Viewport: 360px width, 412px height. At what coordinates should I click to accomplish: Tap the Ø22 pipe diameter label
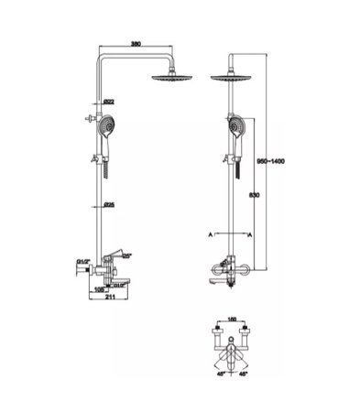pyautogui.click(x=109, y=101)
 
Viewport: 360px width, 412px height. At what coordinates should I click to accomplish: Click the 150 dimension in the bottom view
pyautogui.click(x=231, y=321)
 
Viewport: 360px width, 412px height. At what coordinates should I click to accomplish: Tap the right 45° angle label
pyautogui.click(x=242, y=374)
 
